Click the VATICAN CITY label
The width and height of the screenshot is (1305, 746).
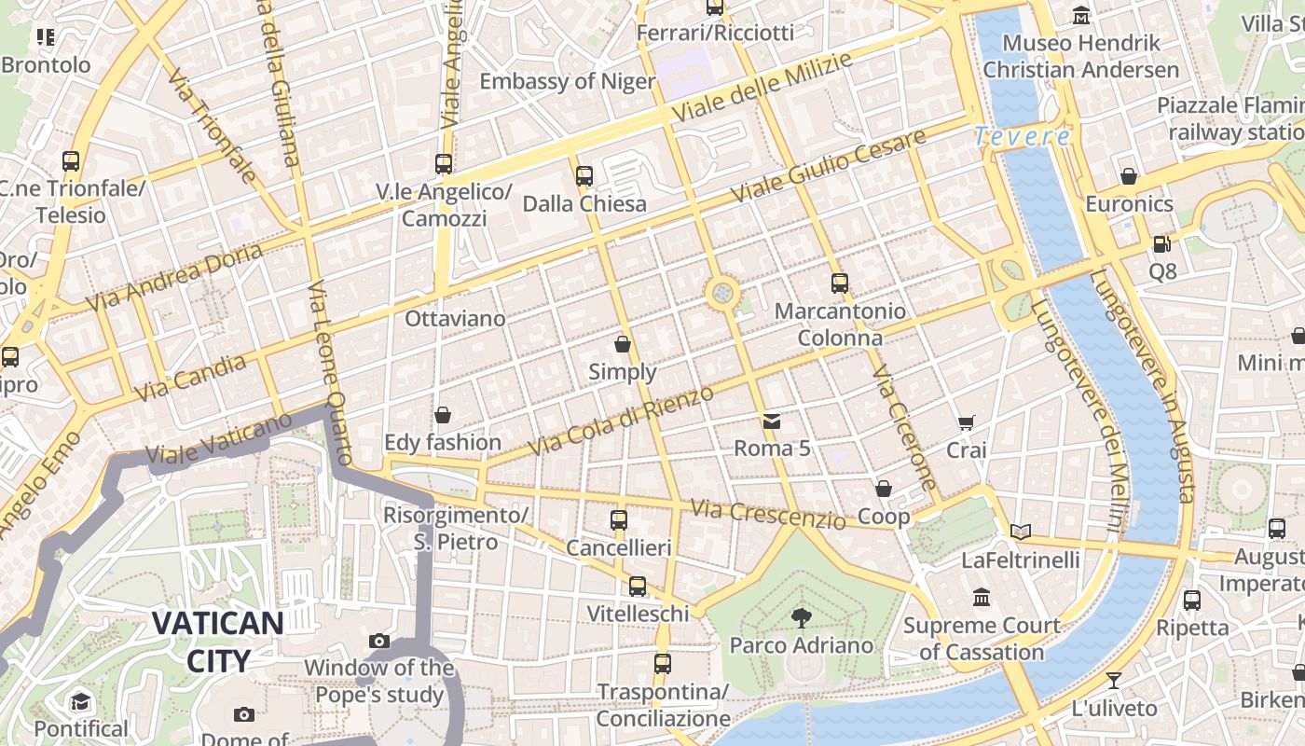[218, 642]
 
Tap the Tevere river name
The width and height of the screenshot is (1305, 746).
[1023, 136]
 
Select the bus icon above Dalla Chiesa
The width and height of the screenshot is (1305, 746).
[584, 175]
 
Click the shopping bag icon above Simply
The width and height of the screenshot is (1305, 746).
[623, 344]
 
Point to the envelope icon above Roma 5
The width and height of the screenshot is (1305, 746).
[772, 421]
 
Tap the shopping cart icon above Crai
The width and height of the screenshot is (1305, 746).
[967, 423]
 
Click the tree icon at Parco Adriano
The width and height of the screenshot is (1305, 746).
[801, 616]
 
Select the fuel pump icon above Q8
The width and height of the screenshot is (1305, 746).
[1161, 244]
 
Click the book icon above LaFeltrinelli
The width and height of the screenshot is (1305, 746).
[1021, 532]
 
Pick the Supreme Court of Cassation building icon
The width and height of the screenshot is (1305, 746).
[981, 597]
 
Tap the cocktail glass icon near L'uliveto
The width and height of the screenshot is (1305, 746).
[1113, 681]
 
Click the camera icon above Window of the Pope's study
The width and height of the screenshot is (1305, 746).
[378, 641]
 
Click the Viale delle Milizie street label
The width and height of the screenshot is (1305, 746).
[762, 88]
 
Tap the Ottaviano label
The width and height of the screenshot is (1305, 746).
[455, 319]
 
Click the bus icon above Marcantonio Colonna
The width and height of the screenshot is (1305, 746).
[840, 283]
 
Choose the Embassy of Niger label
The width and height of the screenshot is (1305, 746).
[567, 81]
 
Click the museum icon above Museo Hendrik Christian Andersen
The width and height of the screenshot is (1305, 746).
[1081, 15]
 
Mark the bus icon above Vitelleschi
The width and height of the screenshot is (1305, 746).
[638, 586]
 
